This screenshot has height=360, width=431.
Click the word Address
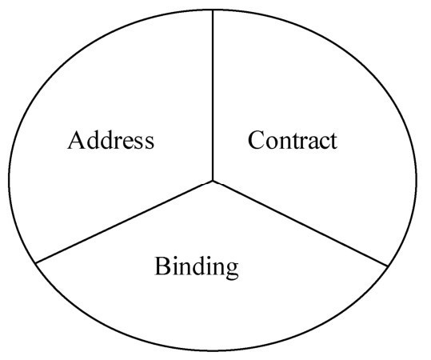pos(111,140)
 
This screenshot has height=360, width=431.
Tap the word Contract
pos(293,140)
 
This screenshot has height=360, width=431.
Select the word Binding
pos(197,267)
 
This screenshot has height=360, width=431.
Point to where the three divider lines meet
pos(213,181)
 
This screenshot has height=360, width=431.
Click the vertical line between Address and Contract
pos(213,95)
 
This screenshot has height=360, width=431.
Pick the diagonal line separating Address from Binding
pos(124,222)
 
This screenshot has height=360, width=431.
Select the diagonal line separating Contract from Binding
pos(300,223)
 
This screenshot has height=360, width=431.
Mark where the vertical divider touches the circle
pos(213,10)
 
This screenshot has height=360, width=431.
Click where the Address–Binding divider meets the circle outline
pos(36,263)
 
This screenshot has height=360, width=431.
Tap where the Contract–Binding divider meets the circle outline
pos(388,266)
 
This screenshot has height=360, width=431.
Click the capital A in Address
pos(75,140)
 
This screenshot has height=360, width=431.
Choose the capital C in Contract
pos(256,140)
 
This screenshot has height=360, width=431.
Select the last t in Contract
pos(333,142)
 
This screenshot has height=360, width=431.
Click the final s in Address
pos(150,143)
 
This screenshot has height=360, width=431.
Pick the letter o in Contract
pos(272,143)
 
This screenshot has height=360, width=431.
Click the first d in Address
pos(90,140)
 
